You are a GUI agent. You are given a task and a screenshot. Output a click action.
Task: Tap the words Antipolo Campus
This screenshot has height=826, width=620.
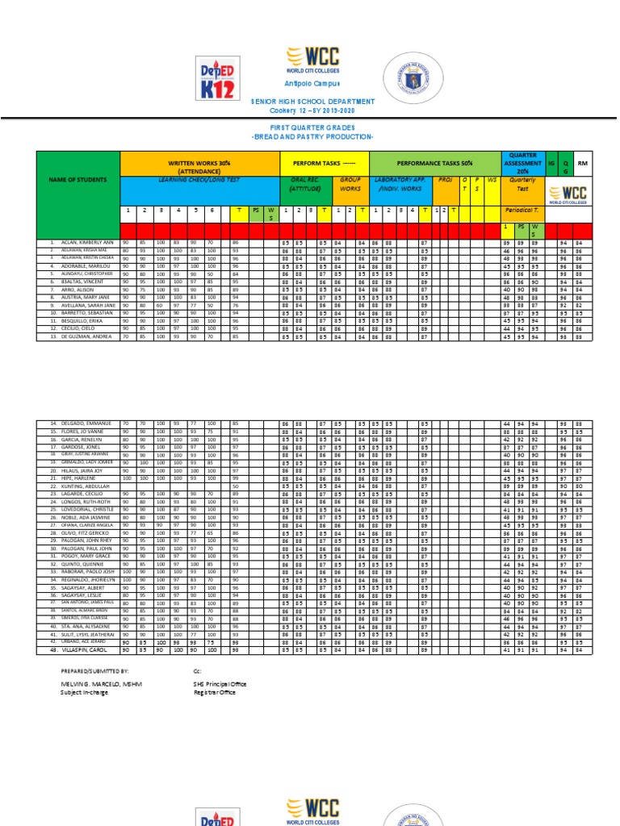[x=312, y=84]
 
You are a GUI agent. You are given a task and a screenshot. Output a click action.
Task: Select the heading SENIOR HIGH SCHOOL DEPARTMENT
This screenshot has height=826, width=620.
[x=312, y=101]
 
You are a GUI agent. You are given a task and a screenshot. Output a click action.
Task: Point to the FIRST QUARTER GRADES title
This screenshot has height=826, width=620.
[x=312, y=127]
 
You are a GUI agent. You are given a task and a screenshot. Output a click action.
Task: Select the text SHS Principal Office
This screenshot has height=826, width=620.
[x=220, y=683]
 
